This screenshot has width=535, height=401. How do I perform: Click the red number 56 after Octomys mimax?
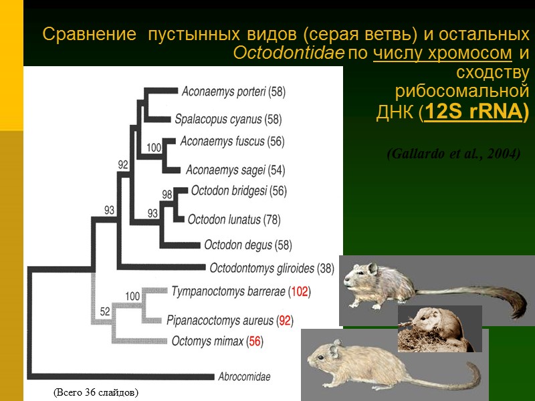coord(254,342)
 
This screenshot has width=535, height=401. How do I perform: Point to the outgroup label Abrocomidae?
coord(244,376)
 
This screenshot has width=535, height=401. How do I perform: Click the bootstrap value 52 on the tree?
coord(105,311)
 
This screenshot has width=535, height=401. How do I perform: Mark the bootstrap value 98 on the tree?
coord(167,194)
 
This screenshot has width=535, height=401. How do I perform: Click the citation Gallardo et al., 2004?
coord(453,154)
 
